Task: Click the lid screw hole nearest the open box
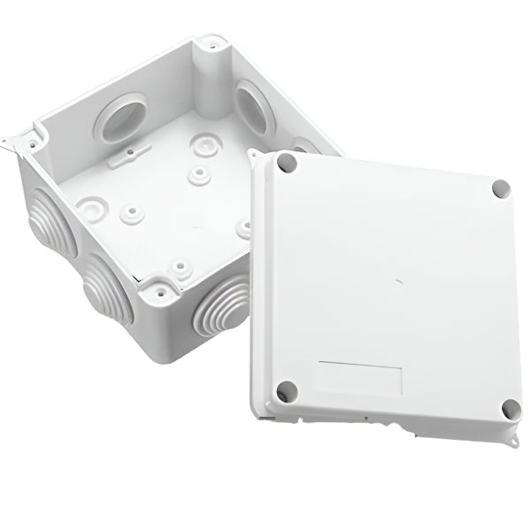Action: (286, 163)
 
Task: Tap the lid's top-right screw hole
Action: (501, 189)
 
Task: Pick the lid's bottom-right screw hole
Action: (510, 409)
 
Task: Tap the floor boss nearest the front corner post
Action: (180, 265)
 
